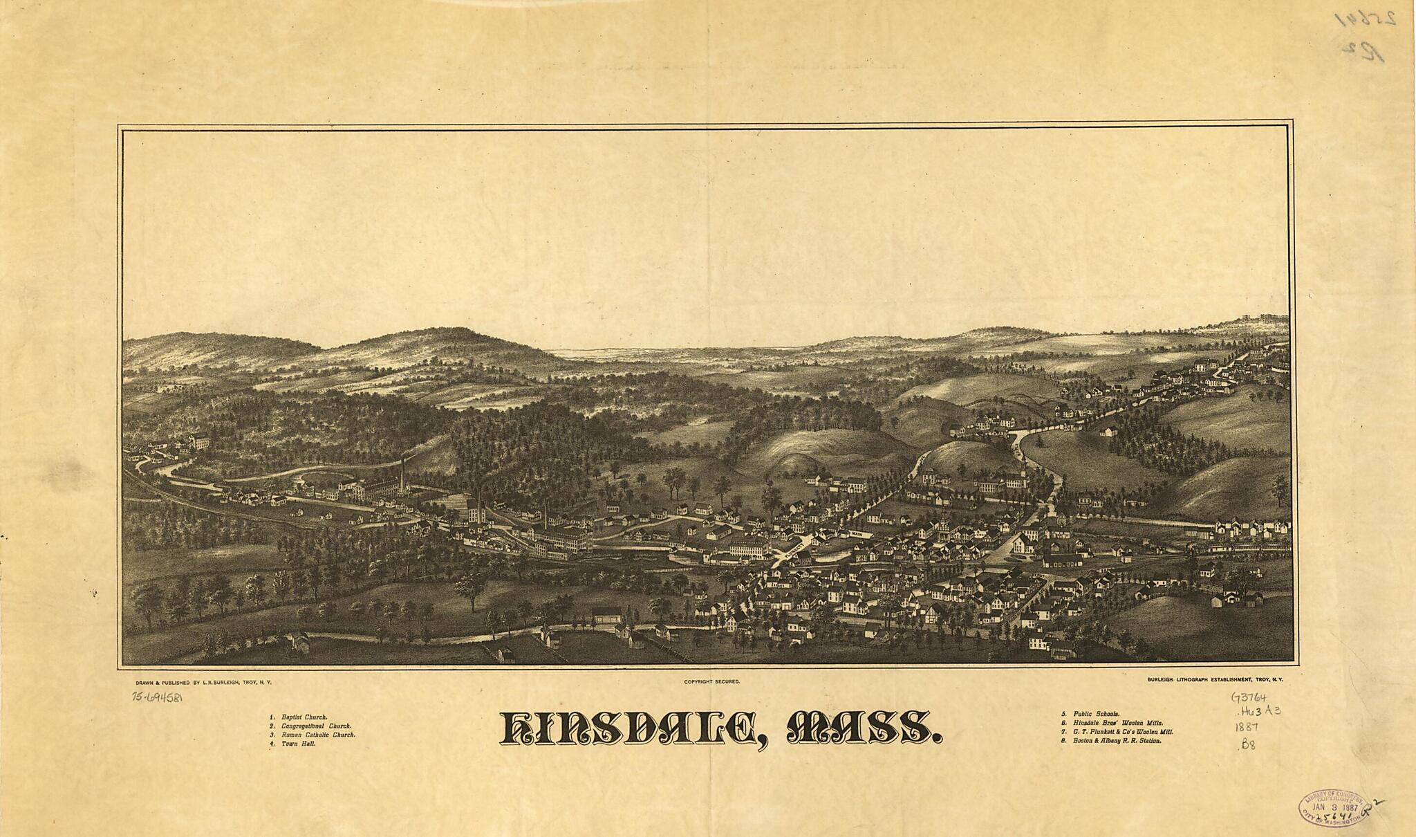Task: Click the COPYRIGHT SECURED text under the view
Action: tap(712, 682)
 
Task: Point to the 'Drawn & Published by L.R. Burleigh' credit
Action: tap(204, 682)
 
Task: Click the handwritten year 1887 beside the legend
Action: tap(1246, 728)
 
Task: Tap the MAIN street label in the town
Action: tap(857, 534)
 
